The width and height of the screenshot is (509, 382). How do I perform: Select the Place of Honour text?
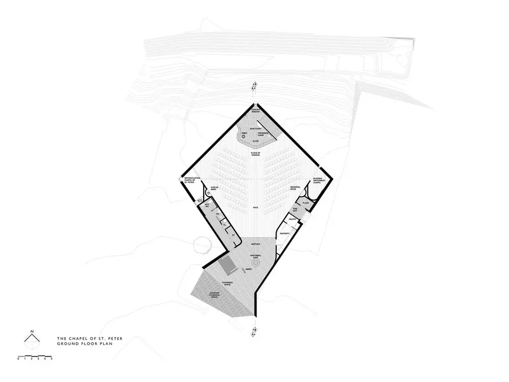[256, 154]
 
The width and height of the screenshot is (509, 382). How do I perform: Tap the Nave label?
[256, 208]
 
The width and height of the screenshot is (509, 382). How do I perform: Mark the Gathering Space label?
[228, 284]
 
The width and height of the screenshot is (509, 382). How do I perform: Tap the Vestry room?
[292, 220]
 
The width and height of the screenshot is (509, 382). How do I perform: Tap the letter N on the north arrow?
[32, 332]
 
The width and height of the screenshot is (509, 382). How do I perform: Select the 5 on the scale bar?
[51, 359]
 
